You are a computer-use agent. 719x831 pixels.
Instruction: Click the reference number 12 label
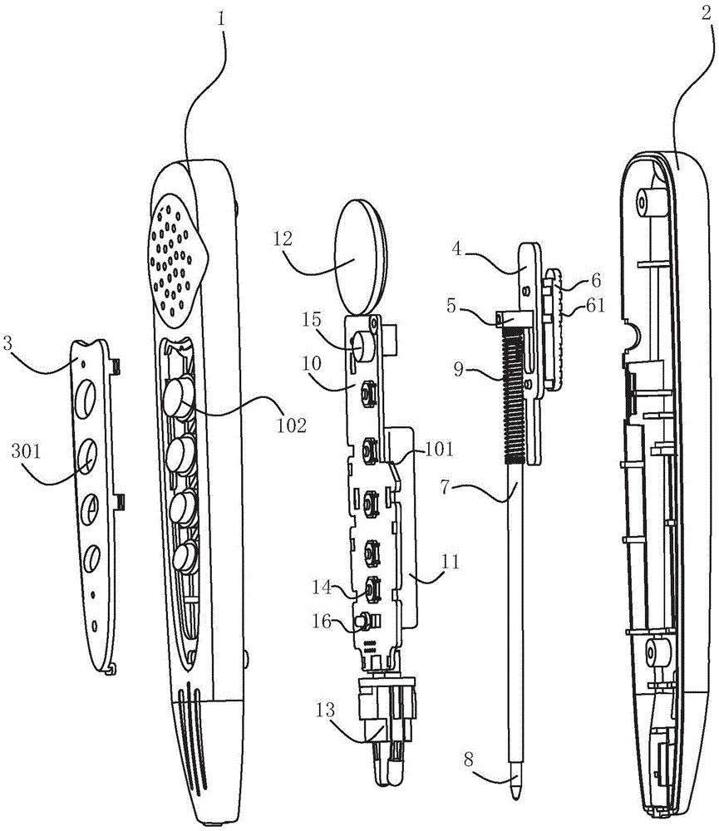(x=283, y=239)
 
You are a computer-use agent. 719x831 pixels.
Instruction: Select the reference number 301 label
(x=27, y=451)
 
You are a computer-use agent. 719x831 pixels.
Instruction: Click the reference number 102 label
(x=292, y=425)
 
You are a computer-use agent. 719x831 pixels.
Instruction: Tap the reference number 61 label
(x=595, y=305)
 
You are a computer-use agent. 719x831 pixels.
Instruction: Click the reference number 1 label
(x=222, y=20)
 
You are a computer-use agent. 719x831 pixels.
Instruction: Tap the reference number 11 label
(x=451, y=561)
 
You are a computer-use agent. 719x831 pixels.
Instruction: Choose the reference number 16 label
(x=322, y=621)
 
